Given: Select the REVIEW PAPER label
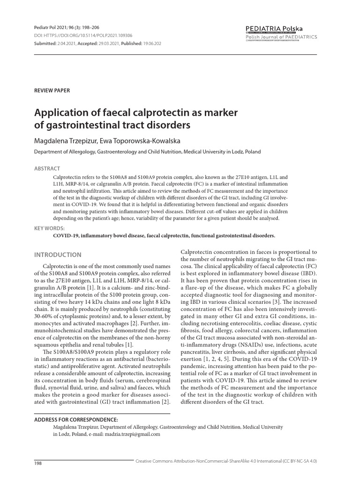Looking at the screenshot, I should [x=52, y=90].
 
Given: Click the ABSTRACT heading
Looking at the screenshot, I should [x=48, y=168].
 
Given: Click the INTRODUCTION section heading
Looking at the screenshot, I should [x=58, y=255].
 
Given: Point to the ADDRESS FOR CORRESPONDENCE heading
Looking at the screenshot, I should [x=76, y=420].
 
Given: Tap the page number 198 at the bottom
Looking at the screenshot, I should [x=39, y=463].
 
